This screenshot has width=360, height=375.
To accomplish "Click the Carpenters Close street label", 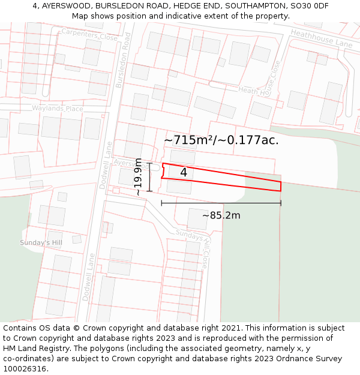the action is pos(89,35).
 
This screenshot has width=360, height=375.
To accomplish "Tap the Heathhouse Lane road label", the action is pos(321,40).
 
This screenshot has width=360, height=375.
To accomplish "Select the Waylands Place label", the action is pos(58,109).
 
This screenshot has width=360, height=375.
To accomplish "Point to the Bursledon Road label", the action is pos(122,60).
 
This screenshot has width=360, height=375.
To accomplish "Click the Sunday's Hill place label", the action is pos(41,242).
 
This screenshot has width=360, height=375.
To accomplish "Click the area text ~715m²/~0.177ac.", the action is pos(221,140).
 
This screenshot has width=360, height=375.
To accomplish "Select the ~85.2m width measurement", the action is pos(221,215).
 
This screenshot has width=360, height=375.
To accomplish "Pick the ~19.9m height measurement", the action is pos(139,177).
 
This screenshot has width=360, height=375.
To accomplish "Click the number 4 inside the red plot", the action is pos(184,173).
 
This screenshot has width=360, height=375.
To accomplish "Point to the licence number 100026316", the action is pos(25,369).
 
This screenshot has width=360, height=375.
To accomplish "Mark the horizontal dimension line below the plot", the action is pos(221,203).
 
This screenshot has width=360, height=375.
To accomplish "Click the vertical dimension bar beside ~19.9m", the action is pos(149,177).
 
